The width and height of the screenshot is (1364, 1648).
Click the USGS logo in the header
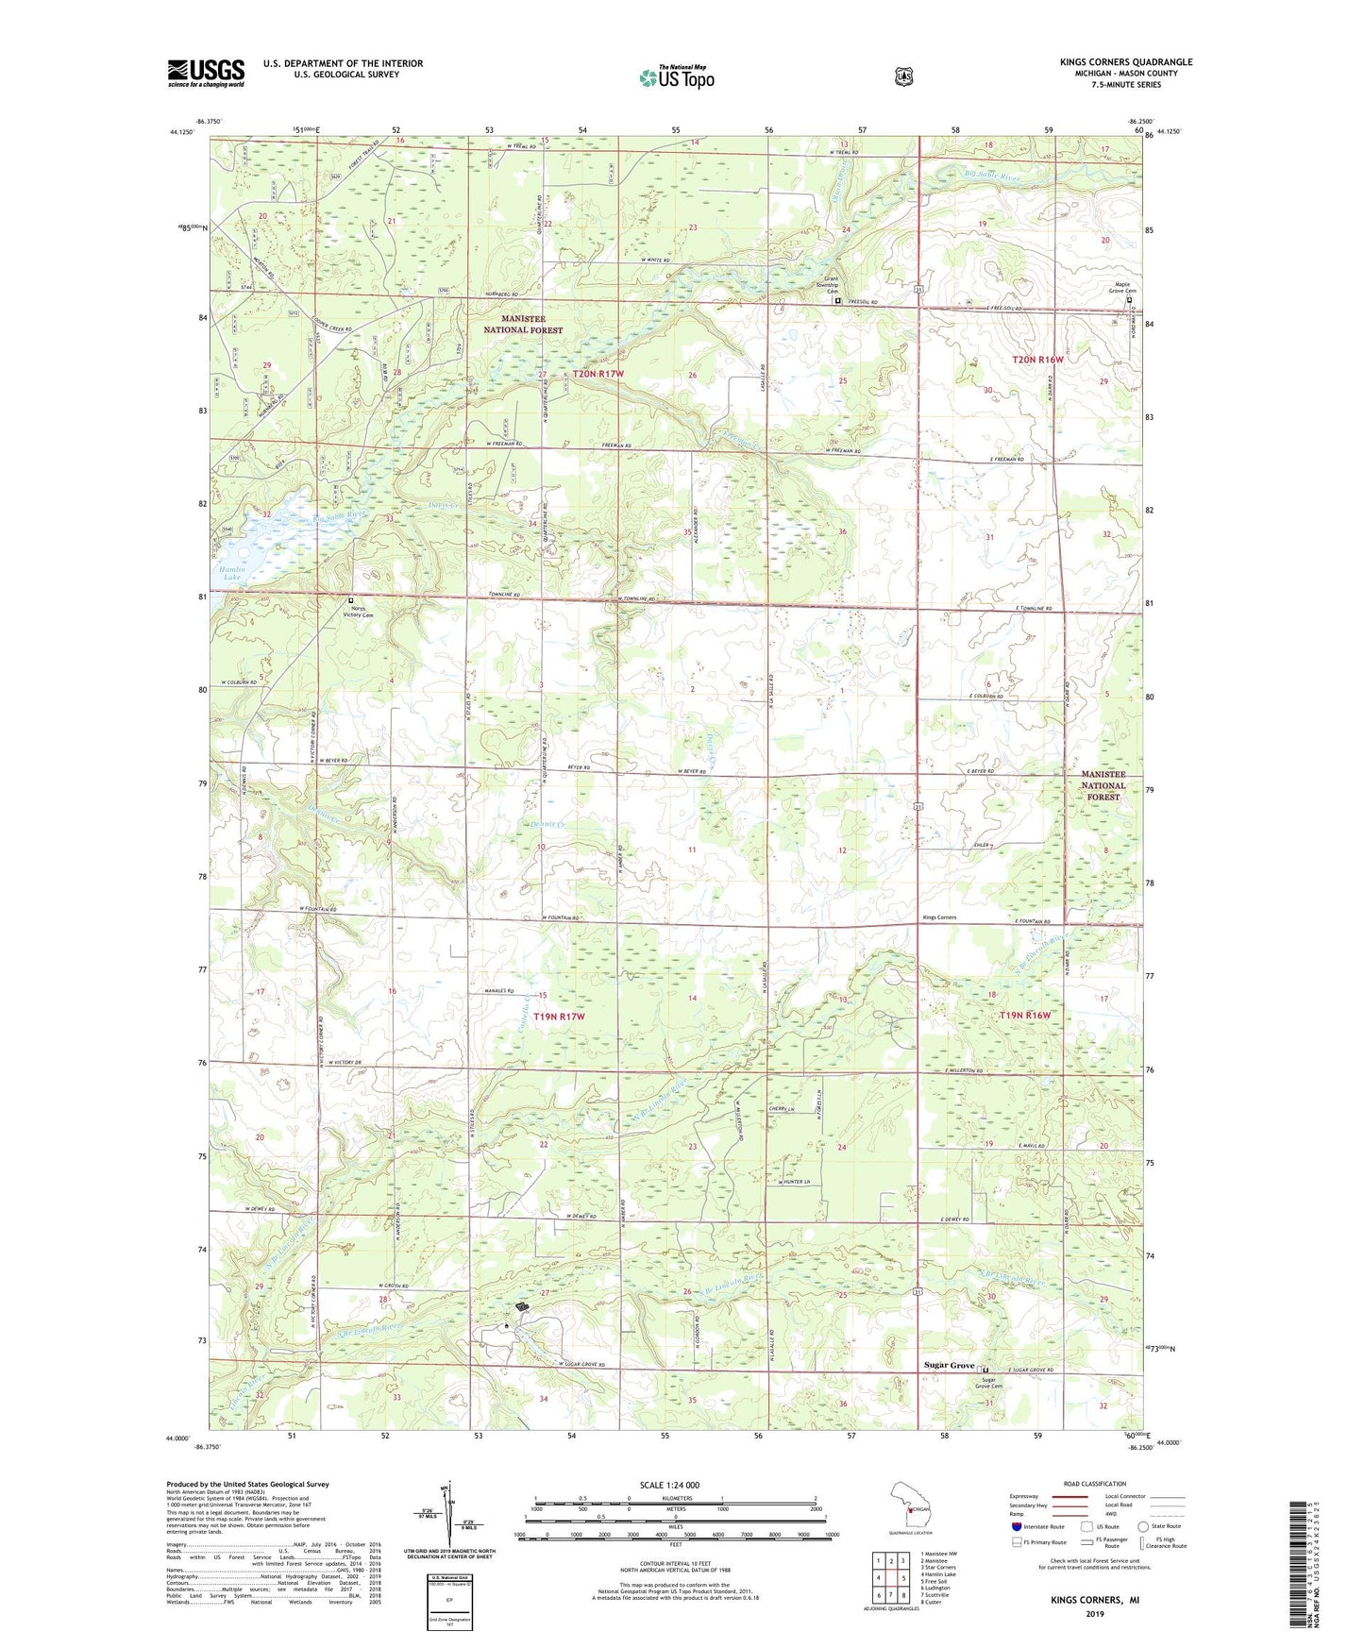point(206,73)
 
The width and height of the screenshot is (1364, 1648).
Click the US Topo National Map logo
point(676,76)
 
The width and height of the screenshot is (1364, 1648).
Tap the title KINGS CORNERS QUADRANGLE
point(1125,62)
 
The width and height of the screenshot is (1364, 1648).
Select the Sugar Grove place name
point(948,1366)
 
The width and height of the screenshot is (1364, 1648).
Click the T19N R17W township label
point(559,1017)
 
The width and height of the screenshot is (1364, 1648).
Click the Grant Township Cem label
point(826,288)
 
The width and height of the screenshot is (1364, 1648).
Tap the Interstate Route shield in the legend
point(1016,1525)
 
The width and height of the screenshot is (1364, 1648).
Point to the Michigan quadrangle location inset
point(912,1506)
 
